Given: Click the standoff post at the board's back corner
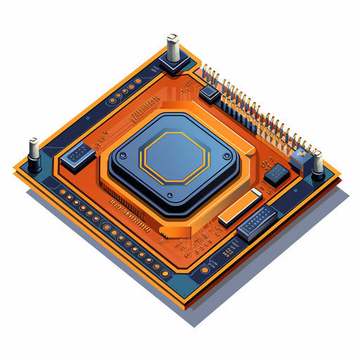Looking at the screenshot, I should click(174, 49).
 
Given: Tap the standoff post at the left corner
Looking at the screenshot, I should click(33, 150).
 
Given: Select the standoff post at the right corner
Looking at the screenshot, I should click(318, 164).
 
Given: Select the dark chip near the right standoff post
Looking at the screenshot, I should click(276, 173).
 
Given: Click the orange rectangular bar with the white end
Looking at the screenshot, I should click(240, 207).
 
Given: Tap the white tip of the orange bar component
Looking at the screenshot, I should click(256, 193).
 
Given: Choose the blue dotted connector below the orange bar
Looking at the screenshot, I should click(257, 223).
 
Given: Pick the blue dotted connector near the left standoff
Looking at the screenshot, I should click(77, 155).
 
